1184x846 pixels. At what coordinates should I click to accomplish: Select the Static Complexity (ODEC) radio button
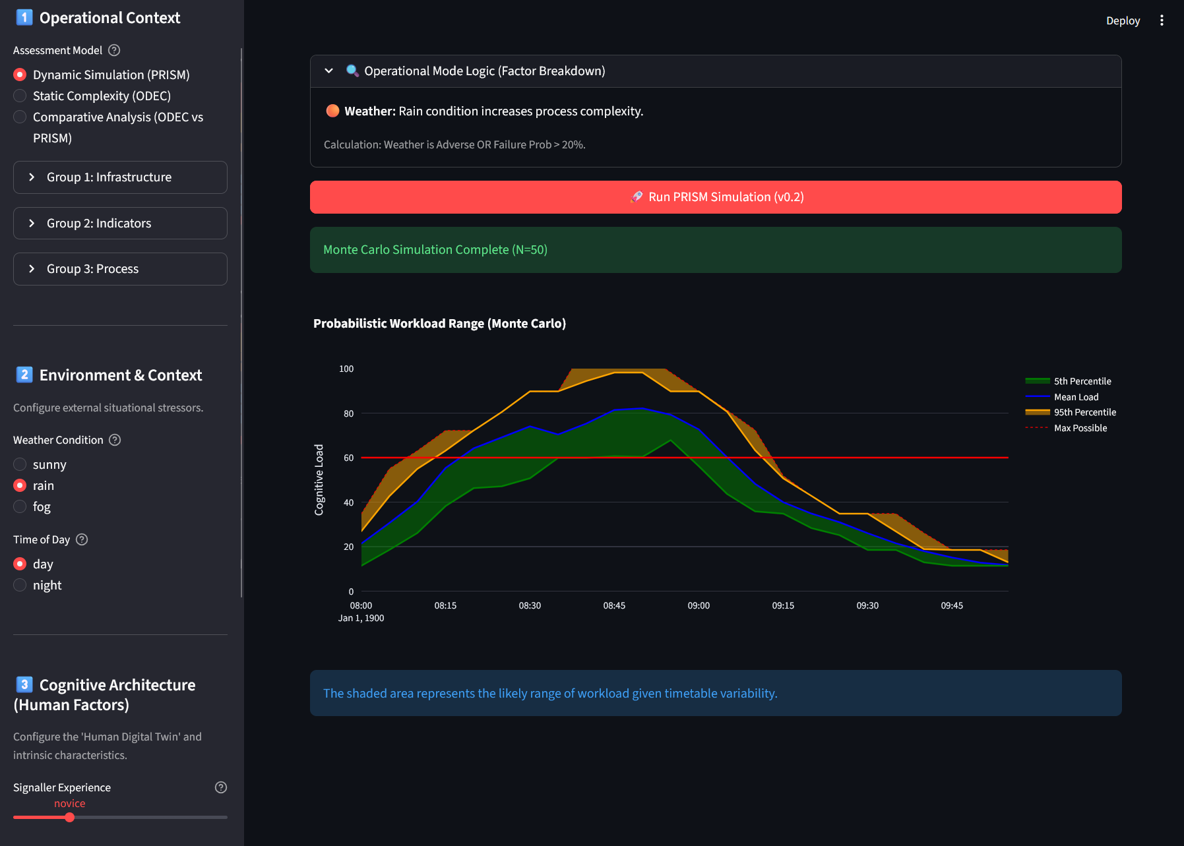pyautogui.click(x=20, y=96)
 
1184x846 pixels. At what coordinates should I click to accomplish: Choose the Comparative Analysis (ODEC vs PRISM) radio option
pyautogui.click(x=20, y=117)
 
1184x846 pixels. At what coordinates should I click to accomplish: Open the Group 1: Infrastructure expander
pyautogui.click(x=120, y=177)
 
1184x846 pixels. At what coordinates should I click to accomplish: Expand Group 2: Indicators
pyautogui.click(x=120, y=224)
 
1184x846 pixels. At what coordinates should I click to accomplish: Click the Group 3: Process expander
pyautogui.click(x=120, y=269)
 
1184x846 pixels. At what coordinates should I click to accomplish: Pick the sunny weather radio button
pyautogui.click(x=20, y=464)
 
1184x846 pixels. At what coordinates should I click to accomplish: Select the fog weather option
pyautogui.click(x=20, y=506)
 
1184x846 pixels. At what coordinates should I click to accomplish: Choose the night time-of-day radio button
pyautogui.click(x=20, y=585)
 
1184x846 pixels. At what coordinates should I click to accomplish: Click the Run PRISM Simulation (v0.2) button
pyautogui.click(x=716, y=197)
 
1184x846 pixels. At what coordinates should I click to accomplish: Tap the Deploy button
pyautogui.click(x=1123, y=20)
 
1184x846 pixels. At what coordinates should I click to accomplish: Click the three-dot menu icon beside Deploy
pyautogui.click(x=1162, y=20)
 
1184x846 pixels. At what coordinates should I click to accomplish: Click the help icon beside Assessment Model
pyautogui.click(x=114, y=50)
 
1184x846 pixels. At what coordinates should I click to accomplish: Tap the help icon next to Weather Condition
pyautogui.click(x=115, y=440)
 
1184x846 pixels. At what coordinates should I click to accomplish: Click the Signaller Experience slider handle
pyautogui.click(x=69, y=818)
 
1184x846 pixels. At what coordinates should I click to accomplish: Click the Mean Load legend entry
pyautogui.click(x=1062, y=397)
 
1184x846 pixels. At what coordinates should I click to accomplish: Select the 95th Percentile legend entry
pyautogui.click(x=1071, y=412)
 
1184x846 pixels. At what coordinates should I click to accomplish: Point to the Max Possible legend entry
pyautogui.click(x=1066, y=428)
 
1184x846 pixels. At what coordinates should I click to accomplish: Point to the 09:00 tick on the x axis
pyautogui.click(x=699, y=605)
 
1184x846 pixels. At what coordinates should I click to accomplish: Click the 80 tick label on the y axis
pyautogui.click(x=348, y=413)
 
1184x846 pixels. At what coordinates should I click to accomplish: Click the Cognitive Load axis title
pyautogui.click(x=319, y=479)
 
